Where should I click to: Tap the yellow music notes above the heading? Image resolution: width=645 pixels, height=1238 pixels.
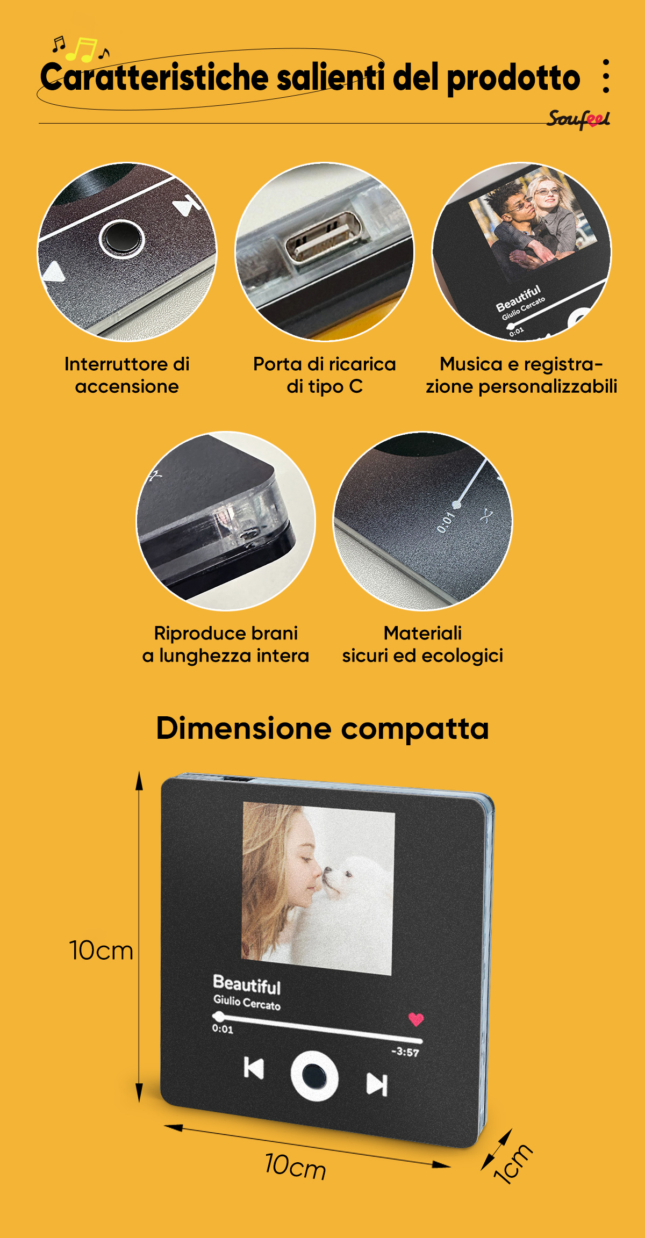click(x=81, y=49)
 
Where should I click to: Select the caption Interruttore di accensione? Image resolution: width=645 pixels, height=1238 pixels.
click(x=127, y=375)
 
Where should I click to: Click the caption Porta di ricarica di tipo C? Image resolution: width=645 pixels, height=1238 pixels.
click(x=325, y=375)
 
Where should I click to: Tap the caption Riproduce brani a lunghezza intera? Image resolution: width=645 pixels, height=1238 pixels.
click(x=226, y=644)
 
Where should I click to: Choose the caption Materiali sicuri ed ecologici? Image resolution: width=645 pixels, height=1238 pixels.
click(x=422, y=644)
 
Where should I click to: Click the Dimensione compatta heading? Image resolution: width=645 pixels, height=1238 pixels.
click(x=322, y=729)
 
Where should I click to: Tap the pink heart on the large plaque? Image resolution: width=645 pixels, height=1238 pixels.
click(x=416, y=1019)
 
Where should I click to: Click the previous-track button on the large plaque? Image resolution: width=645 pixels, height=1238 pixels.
click(x=254, y=1068)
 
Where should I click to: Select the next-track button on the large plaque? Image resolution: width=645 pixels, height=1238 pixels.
click(x=377, y=1084)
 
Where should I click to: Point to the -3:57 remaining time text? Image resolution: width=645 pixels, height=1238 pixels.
click(x=405, y=1052)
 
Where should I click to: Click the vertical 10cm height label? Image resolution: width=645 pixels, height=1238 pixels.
click(x=101, y=950)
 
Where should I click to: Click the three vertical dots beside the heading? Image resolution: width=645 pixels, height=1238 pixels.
click(x=606, y=76)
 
